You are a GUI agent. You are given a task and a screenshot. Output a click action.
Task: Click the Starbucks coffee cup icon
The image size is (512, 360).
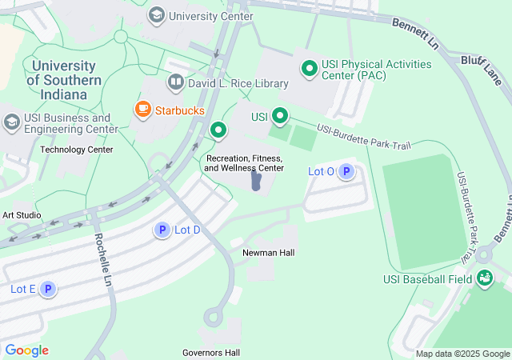(x=143, y=110)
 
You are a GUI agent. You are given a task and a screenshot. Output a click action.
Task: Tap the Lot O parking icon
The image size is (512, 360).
(x=346, y=171)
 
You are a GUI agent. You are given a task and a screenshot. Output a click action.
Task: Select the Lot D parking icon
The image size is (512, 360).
(x=162, y=230)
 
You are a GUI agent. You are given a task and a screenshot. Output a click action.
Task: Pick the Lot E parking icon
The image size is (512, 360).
(x=47, y=289)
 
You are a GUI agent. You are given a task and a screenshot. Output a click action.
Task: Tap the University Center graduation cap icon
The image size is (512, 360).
(x=157, y=14)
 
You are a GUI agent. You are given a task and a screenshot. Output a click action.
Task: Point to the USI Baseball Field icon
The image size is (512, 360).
(x=484, y=278)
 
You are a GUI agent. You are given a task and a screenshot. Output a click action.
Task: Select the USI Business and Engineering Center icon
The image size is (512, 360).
(x=11, y=122)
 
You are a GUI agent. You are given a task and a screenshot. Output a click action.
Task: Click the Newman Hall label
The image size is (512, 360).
(x=269, y=253)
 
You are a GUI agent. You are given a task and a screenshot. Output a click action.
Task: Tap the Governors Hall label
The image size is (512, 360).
(x=211, y=353)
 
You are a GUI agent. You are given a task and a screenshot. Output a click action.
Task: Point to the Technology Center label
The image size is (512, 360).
(x=77, y=150)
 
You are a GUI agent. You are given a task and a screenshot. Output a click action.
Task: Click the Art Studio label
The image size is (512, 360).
(x=22, y=215)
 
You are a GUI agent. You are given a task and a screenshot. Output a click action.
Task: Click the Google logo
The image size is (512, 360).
(x=26, y=350)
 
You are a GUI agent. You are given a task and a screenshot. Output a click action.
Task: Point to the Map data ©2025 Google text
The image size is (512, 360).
(x=462, y=354)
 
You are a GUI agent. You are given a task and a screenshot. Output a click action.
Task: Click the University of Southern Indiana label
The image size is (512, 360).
(x=64, y=80)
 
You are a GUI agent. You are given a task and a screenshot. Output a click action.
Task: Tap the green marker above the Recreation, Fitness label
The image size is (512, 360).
(x=218, y=129)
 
